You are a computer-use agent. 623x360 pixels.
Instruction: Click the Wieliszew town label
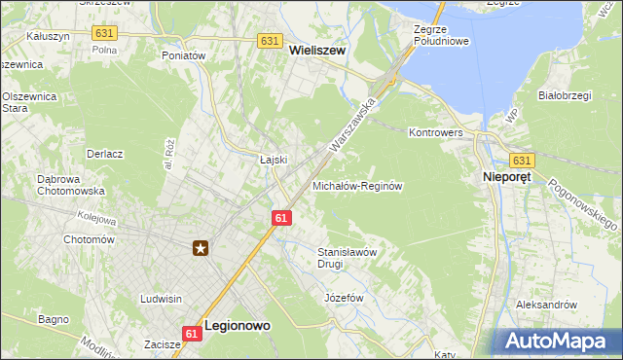coord(317,56)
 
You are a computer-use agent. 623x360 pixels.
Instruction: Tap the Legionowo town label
coord(237,328)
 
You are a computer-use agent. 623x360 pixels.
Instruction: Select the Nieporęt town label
coord(513,178)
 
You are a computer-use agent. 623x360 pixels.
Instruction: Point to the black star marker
coord(201,248)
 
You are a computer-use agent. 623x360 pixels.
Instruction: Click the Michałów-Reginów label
coord(357,185)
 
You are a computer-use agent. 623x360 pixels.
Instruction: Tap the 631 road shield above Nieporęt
coord(523,161)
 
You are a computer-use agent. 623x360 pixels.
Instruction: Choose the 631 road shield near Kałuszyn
coord(104,33)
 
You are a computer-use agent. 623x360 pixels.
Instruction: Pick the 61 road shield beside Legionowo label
coord(192,334)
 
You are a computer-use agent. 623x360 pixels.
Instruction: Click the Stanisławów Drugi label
coord(346,257)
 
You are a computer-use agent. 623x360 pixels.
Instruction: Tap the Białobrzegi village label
coord(566,95)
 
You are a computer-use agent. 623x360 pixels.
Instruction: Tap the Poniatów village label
coord(184,56)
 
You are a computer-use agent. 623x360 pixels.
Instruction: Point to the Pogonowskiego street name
coord(584,203)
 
